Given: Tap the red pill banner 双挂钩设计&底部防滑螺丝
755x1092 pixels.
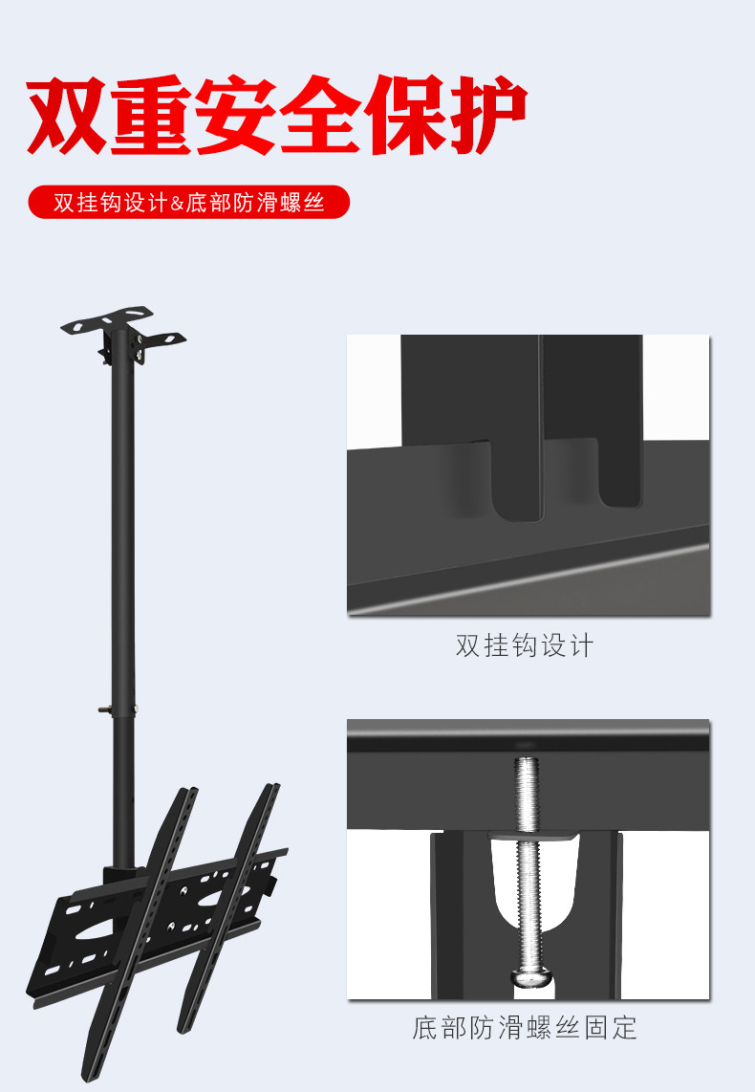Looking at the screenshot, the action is point(188,204).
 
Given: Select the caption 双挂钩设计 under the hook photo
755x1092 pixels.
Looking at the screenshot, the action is point(525,645).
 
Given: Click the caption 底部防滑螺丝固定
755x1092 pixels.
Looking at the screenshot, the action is point(525,1028).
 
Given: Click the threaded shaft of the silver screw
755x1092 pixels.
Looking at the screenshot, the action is point(528,861).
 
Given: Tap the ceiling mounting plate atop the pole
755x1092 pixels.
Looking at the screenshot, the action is point(122,324).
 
